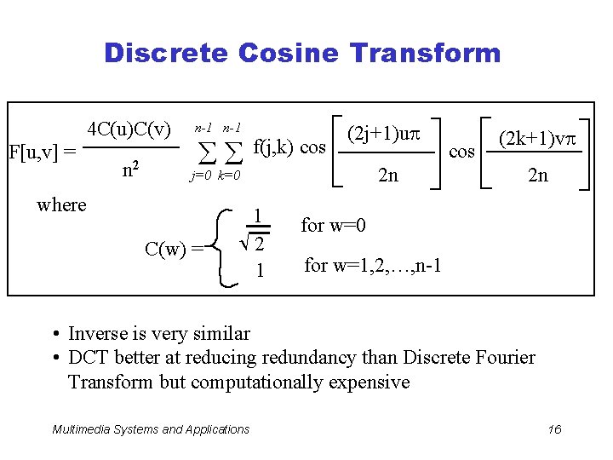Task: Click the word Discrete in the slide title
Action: pos(166,53)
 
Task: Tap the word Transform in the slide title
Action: pos(422,53)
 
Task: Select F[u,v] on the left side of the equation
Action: pos(41,152)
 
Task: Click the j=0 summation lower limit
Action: pos(201,176)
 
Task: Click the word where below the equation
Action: pos(62,204)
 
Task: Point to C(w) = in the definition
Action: pos(174,250)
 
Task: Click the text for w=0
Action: pos(334,226)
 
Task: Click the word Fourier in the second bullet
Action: pos(503,357)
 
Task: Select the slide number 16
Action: pos(554,429)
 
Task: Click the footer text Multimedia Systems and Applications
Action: pos(151,429)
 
